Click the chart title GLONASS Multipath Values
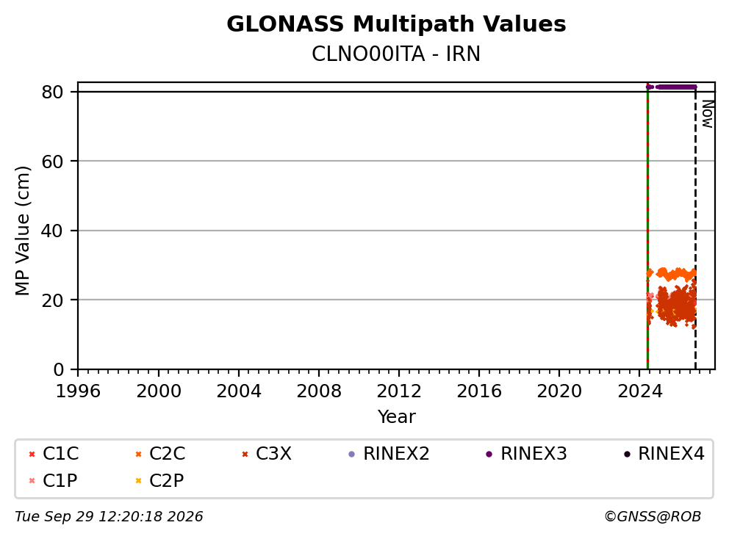click(x=396, y=24)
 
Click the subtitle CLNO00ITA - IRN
click(x=396, y=54)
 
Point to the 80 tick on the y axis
click(x=52, y=92)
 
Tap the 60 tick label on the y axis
click(x=52, y=162)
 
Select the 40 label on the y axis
click(x=52, y=231)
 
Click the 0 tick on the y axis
click(x=59, y=369)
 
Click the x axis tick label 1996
click(x=78, y=391)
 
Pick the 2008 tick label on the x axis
click(x=319, y=391)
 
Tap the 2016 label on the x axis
click(x=479, y=391)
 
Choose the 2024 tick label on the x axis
click(x=640, y=391)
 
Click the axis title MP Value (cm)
click(x=22, y=231)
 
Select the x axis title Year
click(x=396, y=417)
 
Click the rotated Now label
click(x=708, y=115)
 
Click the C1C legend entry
click(x=54, y=454)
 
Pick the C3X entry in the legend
click(x=267, y=454)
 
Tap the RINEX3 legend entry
click(x=526, y=454)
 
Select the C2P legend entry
click(x=159, y=480)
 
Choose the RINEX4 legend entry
click(x=664, y=454)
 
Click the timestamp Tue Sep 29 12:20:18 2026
click(x=109, y=517)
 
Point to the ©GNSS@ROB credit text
click(x=653, y=517)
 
